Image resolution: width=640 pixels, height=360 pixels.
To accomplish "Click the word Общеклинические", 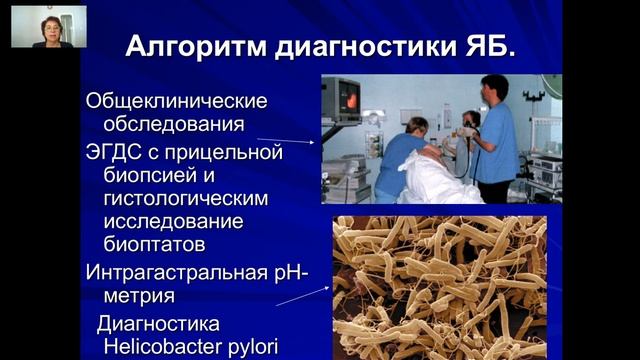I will coord(177,102).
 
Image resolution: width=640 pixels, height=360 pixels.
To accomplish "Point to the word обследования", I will coord(173,125).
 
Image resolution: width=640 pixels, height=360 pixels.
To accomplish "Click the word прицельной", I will coord(227,152).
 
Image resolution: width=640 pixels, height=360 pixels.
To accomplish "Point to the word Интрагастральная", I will coord(176,272).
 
